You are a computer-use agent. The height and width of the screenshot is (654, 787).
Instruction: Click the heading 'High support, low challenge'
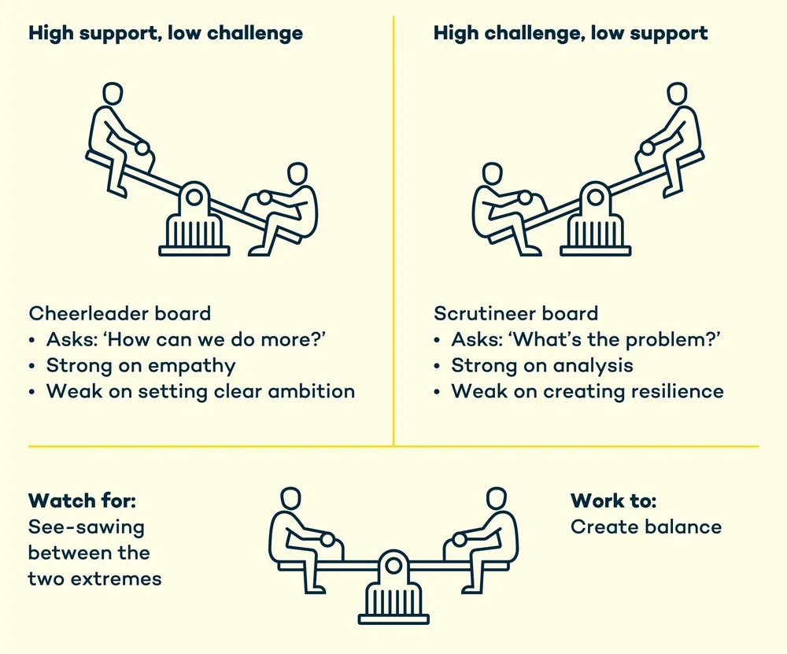tap(165, 34)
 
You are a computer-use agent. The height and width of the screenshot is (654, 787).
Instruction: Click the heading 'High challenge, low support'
tap(571, 34)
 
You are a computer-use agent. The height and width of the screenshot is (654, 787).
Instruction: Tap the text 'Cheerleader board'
tap(120, 313)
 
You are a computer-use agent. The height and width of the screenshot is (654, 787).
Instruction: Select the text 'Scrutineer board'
tap(515, 313)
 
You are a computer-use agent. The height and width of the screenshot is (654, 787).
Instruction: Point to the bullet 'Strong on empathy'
tap(141, 365)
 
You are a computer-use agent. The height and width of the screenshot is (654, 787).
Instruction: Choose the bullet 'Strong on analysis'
tap(542, 365)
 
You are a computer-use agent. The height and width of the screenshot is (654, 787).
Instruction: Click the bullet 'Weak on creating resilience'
tap(587, 391)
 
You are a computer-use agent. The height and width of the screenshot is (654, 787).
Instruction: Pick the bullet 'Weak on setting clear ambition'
tap(201, 391)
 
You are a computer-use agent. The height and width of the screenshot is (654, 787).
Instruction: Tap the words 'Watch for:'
tap(76, 501)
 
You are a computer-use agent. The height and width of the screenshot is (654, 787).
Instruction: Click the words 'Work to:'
tap(613, 501)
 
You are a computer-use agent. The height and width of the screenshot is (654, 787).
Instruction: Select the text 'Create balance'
tap(646, 527)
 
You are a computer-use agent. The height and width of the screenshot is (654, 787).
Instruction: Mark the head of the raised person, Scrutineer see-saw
tap(676, 95)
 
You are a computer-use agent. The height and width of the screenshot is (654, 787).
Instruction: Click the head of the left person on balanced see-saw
tap(290, 498)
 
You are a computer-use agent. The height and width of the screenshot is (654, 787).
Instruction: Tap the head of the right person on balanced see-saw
tap(496, 498)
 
